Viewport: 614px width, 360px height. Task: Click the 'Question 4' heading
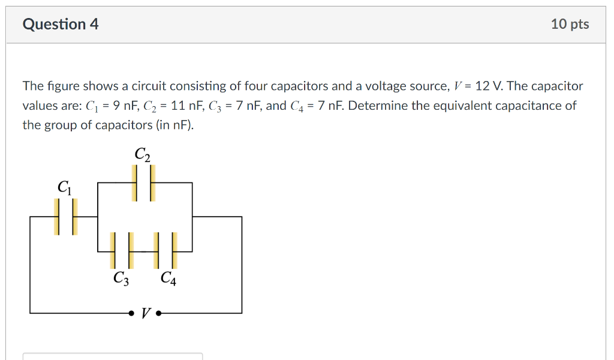(61, 24)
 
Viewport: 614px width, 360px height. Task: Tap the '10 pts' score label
(570, 24)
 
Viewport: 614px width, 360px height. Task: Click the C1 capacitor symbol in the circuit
(66, 217)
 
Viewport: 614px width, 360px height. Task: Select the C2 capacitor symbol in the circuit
(143, 183)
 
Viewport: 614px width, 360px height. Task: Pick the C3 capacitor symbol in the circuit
(119, 250)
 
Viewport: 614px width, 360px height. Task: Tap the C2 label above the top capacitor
(142, 154)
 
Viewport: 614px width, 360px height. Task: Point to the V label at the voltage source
(145, 313)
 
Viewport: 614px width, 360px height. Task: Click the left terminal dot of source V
(131, 313)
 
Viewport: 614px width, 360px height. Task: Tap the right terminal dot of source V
(158, 313)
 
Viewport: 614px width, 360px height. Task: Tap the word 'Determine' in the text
(377, 106)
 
